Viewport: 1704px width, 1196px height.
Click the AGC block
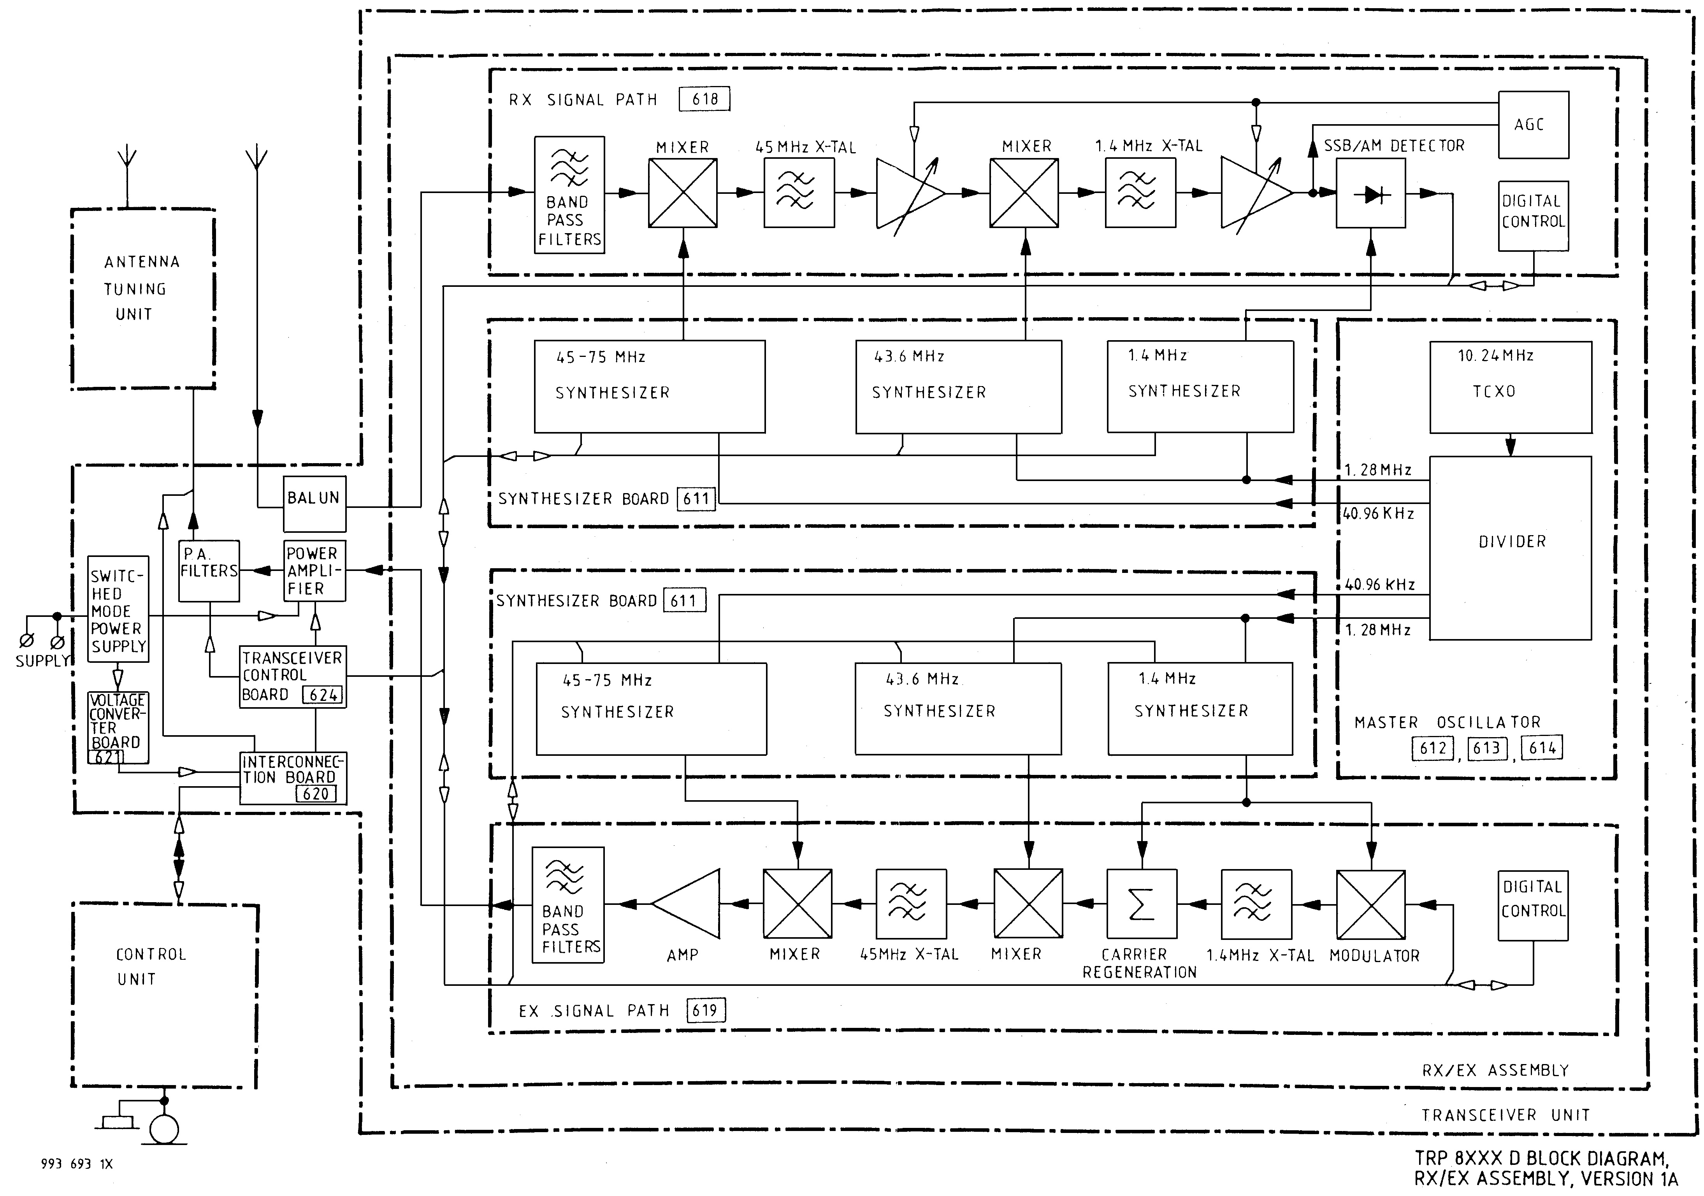[1533, 125]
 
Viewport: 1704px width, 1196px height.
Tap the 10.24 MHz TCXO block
[1510, 386]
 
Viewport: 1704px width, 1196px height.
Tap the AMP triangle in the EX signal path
[687, 904]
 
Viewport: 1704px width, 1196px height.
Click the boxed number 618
[704, 99]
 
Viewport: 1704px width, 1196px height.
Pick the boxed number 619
[704, 1010]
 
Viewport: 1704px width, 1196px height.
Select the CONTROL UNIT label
[151, 967]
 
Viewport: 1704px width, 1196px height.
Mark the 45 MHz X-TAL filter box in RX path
[799, 193]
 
